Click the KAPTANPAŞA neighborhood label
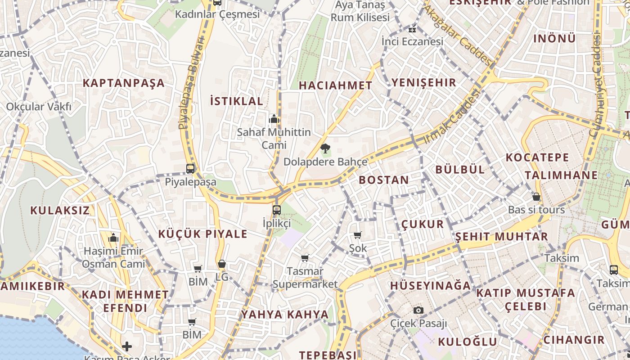(x=123, y=83)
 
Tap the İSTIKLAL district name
(x=237, y=101)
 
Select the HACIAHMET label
(x=336, y=85)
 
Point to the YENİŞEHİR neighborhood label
(x=424, y=82)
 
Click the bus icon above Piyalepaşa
(x=190, y=169)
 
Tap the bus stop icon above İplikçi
(x=277, y=210)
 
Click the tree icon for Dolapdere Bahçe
(x=325, y=148)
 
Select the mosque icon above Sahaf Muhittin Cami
(x=274, y=119)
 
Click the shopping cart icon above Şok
(x=358, y=235)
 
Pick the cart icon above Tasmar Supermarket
(x=305, y=258)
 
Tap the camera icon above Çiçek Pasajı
(x=418, y=310)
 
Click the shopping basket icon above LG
(x=222, y=264)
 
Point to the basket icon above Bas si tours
(x=536, y=197)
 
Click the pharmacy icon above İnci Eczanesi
(x=412, y=30)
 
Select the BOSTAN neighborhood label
(x=384, y=180)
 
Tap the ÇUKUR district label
(x=423, y=224)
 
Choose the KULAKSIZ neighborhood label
(x=60, y=210)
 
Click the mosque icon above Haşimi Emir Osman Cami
(x=113, y=238)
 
